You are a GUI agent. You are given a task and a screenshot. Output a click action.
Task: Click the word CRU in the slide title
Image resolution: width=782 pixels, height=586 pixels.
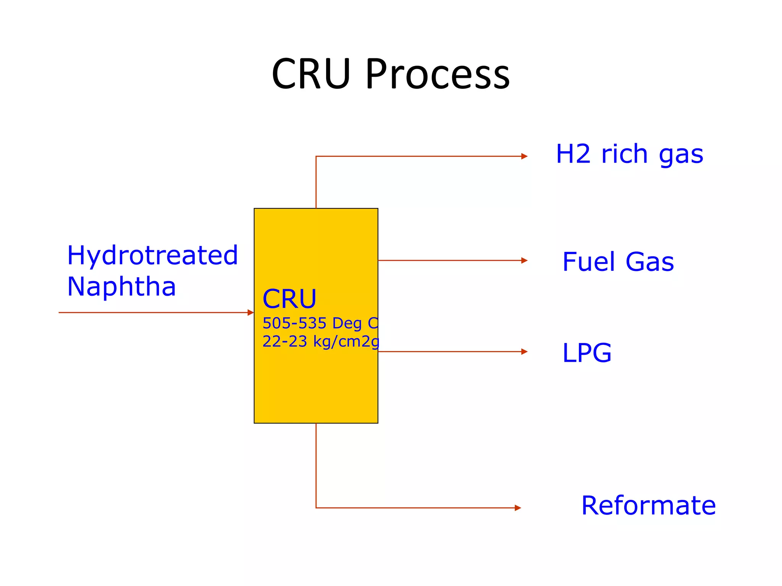311,74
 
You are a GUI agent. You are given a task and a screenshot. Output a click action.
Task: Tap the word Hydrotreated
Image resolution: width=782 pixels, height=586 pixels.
152,256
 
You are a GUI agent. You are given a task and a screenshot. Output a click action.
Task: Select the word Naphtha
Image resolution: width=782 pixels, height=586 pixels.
121,287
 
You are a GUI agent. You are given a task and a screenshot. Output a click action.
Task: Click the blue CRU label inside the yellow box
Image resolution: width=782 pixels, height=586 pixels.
289,299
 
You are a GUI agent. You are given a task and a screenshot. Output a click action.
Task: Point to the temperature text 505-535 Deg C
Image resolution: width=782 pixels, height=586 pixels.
320,323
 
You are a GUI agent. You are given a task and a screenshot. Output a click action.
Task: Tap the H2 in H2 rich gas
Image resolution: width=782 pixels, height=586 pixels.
573,154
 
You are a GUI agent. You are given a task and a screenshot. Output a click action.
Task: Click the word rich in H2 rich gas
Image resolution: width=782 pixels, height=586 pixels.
624,154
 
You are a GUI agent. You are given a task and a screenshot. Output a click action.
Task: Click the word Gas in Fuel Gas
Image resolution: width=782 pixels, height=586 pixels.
650,262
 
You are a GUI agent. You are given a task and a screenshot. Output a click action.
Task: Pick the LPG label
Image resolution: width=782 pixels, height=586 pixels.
587,353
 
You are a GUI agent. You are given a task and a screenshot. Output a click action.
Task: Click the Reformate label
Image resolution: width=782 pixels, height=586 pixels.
648,506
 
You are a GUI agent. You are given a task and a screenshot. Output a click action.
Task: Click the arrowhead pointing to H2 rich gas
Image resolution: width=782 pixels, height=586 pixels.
524,156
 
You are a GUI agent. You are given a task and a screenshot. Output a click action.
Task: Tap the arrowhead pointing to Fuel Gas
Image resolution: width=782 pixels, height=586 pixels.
524,261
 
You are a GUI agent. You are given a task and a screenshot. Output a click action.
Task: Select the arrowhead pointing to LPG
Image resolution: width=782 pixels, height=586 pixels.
524,352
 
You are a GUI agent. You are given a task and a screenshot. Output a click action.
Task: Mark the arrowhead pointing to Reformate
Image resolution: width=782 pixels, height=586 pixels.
518,508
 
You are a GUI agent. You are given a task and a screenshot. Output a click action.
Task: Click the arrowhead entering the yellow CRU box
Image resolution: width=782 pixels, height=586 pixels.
250,313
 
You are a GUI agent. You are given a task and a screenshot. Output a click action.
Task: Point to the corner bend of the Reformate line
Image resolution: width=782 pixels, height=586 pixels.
316,508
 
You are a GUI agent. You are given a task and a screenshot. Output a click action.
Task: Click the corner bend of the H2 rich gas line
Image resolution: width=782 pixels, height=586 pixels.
316,156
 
